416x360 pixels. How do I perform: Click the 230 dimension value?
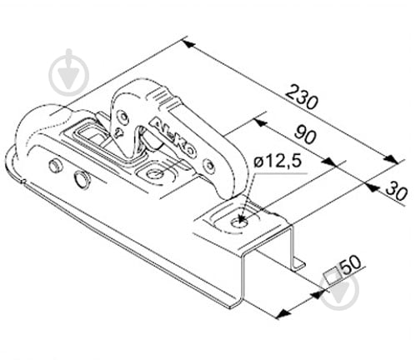pos(302,97)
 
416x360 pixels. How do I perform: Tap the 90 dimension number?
pos(305,135)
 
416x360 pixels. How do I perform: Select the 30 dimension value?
pos(397,191)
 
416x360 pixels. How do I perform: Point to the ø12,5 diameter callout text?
pos(278,162)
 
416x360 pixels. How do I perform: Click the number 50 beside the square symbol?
pos(351,265)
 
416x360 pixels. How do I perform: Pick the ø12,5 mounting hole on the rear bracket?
pos(239,222)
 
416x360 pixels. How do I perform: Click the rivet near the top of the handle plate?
pos(123,116)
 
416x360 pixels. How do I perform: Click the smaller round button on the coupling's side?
pos(55,166)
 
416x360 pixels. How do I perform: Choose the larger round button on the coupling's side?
pos(82,179)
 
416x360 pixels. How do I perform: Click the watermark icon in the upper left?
pos(69,73)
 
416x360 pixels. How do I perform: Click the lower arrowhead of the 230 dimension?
pos(391,159)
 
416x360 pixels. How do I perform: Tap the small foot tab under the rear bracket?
pos(298,263)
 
